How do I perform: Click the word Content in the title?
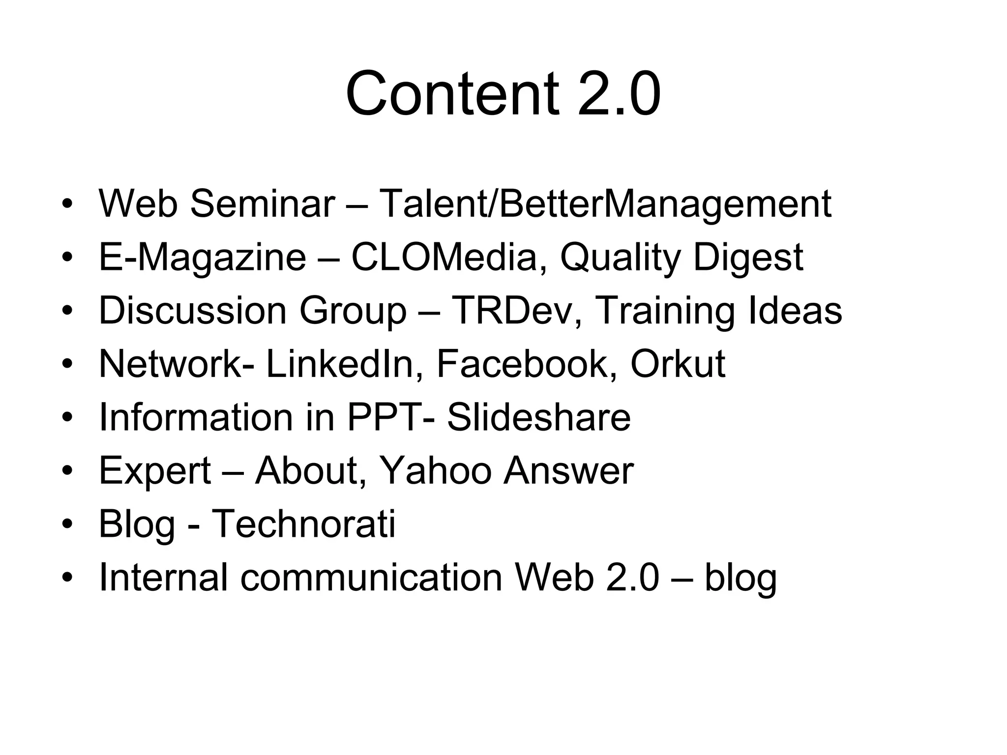452,93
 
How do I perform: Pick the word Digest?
748,258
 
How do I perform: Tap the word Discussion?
193,311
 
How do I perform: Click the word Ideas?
795,311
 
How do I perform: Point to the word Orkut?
678,364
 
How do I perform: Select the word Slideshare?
538,417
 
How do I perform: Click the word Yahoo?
436,470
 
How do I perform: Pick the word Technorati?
303,523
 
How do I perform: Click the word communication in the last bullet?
371,577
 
